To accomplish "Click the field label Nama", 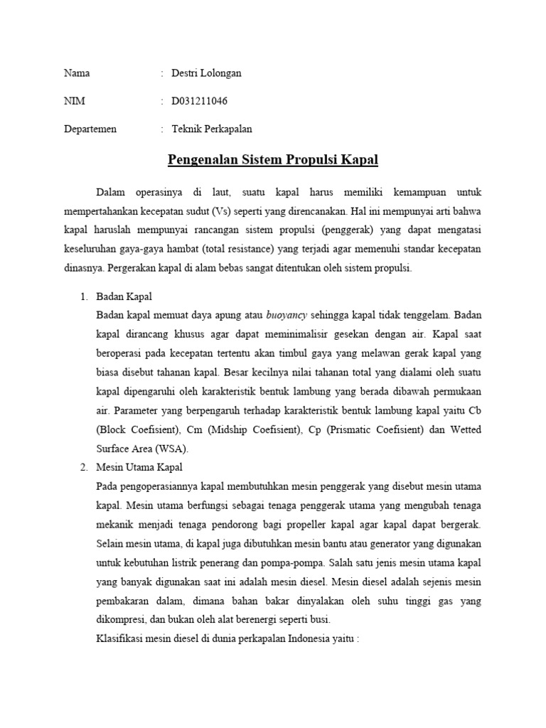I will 77,73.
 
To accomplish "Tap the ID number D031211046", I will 200,101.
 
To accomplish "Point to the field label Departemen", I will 90,129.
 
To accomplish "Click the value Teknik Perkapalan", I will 212,129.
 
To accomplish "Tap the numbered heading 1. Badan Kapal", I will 123,296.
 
